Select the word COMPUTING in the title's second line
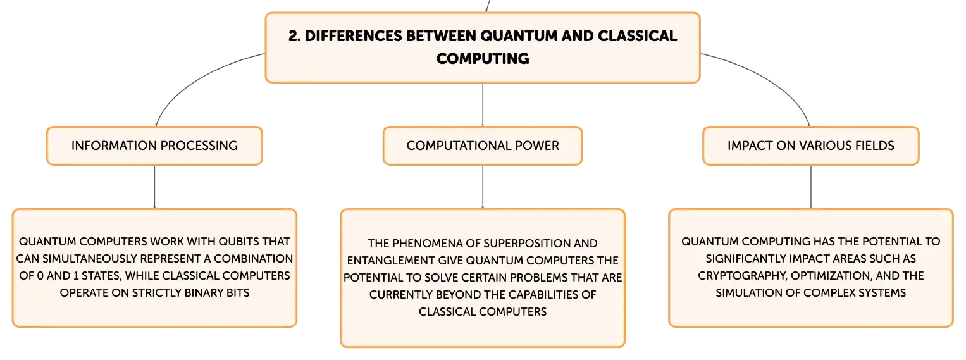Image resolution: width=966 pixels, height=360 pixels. click(x=483, y=59)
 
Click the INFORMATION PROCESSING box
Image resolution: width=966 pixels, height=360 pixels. click(x=154, y=146)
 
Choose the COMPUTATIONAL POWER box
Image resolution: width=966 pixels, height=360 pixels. click(x=483, y=146)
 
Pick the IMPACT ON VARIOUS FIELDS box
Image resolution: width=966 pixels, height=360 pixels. click(x=811, y=146)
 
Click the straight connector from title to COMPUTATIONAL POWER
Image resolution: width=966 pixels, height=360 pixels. click(x=483, y=104)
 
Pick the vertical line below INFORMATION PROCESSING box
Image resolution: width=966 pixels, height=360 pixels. click(x=154, y=187)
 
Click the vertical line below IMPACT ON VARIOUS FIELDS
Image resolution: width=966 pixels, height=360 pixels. click(x=811, y=187)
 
